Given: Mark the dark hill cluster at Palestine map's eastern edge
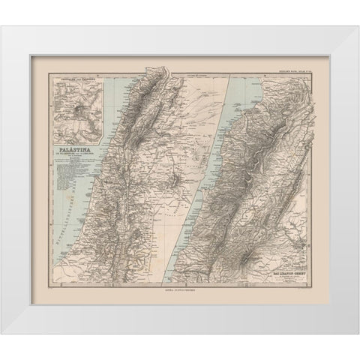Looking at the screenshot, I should tap(175, 181).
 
